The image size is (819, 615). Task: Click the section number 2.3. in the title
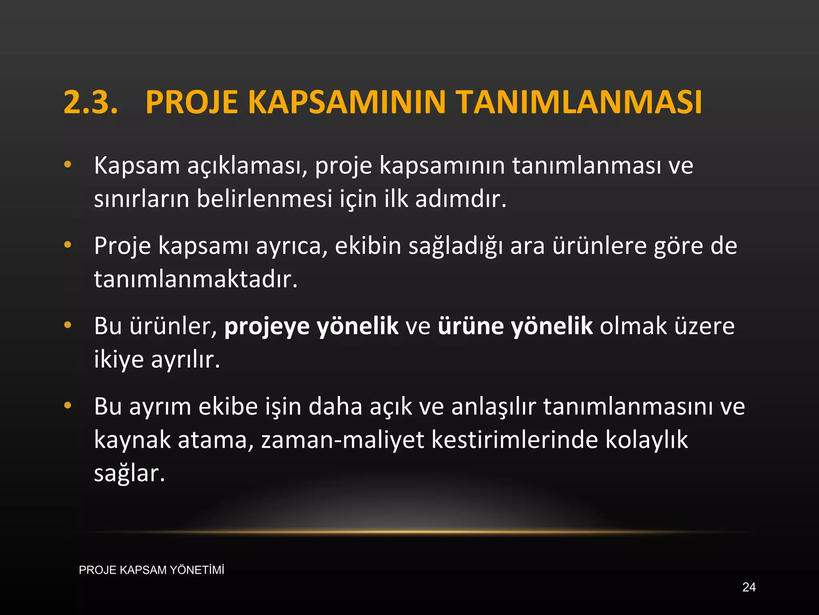point(91,102)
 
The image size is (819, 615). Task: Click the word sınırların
point(142,199)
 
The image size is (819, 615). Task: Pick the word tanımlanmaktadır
point(196,279)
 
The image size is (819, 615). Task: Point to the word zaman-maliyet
point(343,440)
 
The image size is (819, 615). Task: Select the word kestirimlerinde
point(514,440)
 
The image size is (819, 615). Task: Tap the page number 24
point(749,587)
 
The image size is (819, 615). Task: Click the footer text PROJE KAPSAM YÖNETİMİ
point(152,570)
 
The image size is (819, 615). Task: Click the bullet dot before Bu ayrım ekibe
point(68,405)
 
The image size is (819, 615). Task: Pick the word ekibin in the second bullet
point(368,246)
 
